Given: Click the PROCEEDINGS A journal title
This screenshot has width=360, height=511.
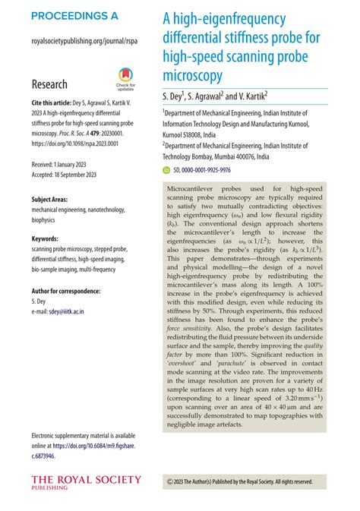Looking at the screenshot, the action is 74,16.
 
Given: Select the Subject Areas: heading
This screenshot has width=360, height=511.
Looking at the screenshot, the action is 55,199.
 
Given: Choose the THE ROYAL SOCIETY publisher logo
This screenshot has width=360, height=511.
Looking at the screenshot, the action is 86,481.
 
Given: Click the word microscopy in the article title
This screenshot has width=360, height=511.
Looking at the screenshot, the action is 192,75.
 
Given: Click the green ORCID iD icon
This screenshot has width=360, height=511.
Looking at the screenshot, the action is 168,171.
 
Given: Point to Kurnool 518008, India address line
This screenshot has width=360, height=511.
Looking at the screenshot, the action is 201,132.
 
